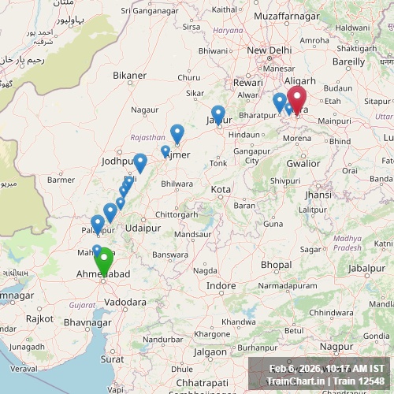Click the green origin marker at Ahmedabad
point(103,261)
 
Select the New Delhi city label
point(269,50)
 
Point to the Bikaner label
point(129,76)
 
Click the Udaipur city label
point(143,227)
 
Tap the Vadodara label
point(125,302)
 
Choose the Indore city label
point(221,285)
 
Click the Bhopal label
point(276,264)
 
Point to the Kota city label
point(221,190)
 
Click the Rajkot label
point(39,318)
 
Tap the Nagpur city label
point(336,346)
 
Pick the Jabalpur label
point(366,268)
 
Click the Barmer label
point(61,180)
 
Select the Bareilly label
point(349,61)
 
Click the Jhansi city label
point(318,195)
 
